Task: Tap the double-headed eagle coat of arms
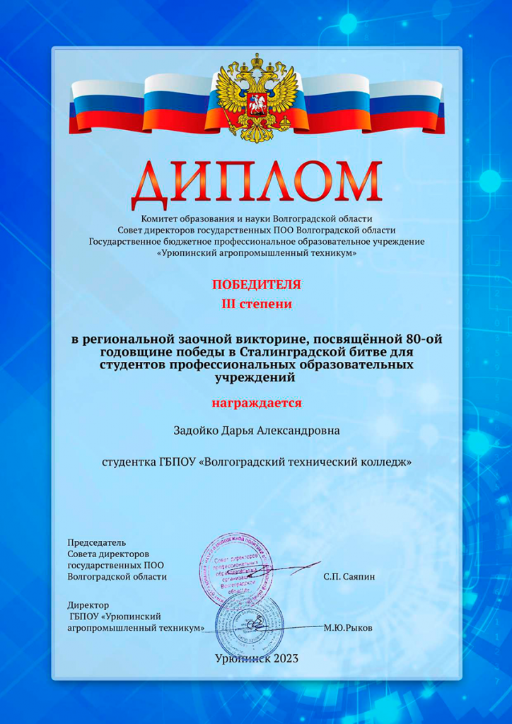click(x=256, y=99)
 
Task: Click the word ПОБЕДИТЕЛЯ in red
click(x=256, y=285)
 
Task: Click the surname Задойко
click(x=195, y=430)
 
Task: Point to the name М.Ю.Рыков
click(x=347, y=628)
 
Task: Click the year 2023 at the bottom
click(x=283, y=659)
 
